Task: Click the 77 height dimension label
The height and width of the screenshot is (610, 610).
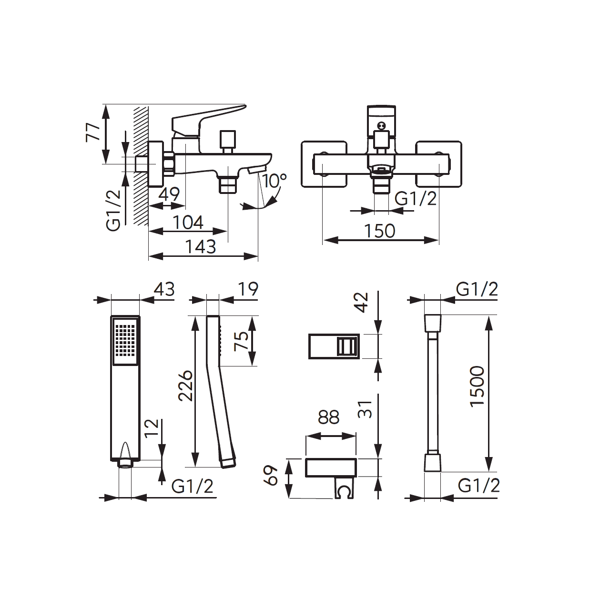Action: pos(93,133)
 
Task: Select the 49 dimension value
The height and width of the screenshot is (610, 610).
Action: pos(169,194)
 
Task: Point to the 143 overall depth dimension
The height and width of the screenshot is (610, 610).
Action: pos(200,246)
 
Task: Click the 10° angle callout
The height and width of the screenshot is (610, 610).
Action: pos(274,181)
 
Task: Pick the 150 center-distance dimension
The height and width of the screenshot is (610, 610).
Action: pos(380,231)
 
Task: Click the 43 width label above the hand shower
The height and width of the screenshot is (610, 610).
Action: pos(164,289)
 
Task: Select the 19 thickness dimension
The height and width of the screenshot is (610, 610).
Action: pos(248,289)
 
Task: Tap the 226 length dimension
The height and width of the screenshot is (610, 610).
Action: pos(185,385)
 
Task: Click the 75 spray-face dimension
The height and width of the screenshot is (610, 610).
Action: pos(241,341)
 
